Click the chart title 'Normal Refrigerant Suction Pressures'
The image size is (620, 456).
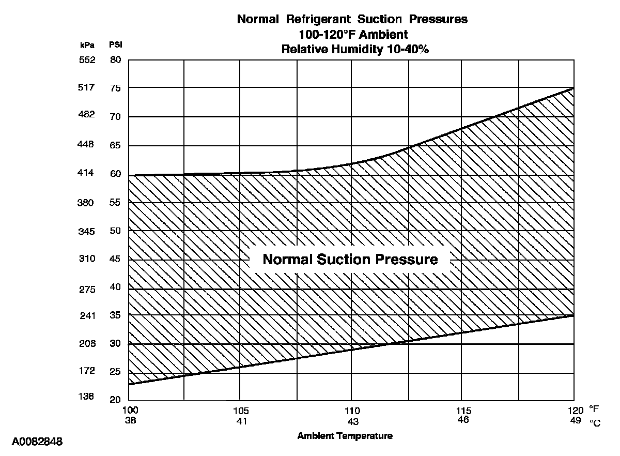(x=352, y=20)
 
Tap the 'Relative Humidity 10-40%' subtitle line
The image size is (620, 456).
(x=352, y=50)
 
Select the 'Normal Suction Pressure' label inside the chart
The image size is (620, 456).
(x=350, y=259)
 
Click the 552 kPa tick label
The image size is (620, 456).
(x=87, y=60)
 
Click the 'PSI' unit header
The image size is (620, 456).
(x=115, y=45)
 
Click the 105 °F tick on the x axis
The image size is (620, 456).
(x=241, y=411)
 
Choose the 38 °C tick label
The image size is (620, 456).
(x=129, y=420)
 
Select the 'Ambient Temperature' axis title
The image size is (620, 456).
(x=345, y=436)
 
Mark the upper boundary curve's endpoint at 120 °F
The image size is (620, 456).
(x=574, y=88)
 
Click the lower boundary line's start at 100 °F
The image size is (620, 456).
(x=129, y=385)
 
